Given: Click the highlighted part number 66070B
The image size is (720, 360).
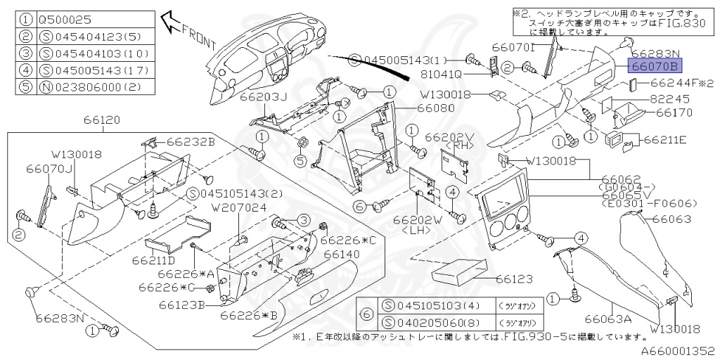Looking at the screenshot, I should point(654,67).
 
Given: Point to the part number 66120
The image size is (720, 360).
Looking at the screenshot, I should point(101,120).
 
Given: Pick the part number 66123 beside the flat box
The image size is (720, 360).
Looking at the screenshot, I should point(515,279).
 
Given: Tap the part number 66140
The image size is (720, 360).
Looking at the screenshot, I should point(340,253).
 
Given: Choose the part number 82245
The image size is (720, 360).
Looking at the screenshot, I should point(667,99).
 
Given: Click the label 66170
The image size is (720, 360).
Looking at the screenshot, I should point(674,112).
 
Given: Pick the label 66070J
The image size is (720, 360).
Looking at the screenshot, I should point(50,169).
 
